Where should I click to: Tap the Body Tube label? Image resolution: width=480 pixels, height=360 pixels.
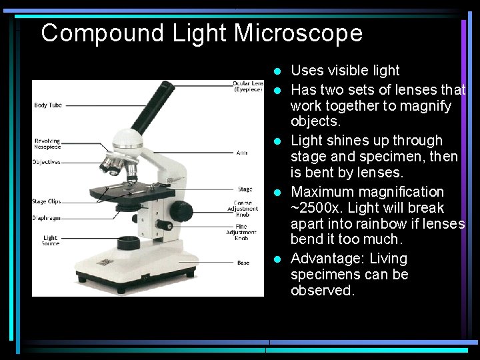pos(48,105)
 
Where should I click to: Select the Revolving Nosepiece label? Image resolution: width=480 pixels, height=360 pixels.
pos(47,144)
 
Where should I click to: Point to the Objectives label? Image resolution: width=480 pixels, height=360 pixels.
pos(46,162)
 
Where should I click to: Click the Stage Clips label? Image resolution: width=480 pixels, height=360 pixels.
pos(46,201)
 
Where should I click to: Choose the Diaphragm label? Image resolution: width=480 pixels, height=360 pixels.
pos(46,218)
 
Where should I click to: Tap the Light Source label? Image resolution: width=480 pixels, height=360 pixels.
pos(51,240)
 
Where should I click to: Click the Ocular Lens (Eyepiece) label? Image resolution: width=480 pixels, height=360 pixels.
pos(248,86)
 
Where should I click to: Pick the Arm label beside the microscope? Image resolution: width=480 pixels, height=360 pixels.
pos(241,153)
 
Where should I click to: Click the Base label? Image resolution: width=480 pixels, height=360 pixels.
pos(243,263)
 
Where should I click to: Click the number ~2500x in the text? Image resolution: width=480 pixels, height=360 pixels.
pos(315,208)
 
